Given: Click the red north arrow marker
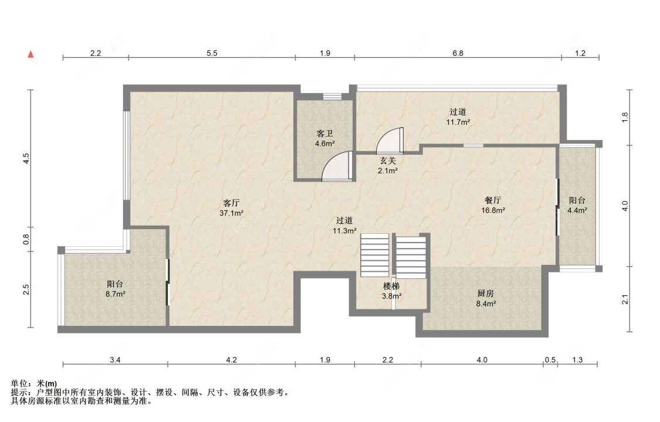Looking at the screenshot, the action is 31,54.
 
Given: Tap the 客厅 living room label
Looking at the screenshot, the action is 231,203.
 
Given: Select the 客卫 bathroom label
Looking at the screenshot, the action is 324,134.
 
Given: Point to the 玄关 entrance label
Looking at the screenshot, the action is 388,161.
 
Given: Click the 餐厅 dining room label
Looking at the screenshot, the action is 493,200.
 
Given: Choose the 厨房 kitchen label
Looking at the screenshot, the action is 485,294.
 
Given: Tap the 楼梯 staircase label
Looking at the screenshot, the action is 391,286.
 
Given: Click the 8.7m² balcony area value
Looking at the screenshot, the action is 116,294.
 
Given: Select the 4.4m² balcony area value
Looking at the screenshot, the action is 577,210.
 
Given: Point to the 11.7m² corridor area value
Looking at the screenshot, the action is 458,122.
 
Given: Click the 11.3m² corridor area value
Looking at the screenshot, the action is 345,231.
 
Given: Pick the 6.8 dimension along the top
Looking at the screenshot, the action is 458,53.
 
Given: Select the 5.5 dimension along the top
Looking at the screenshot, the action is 212,53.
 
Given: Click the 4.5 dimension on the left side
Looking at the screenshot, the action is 26,158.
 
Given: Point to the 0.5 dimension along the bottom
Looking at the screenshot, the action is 550,360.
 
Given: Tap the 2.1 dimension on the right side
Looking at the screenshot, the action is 625,300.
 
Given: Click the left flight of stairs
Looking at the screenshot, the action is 375,255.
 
